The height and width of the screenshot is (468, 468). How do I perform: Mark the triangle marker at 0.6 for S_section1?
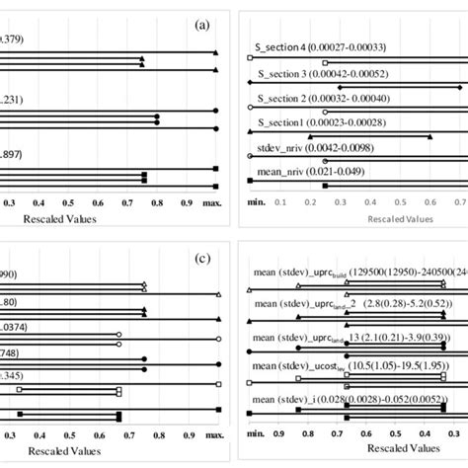429,136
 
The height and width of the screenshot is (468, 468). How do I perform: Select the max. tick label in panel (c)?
212,433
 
